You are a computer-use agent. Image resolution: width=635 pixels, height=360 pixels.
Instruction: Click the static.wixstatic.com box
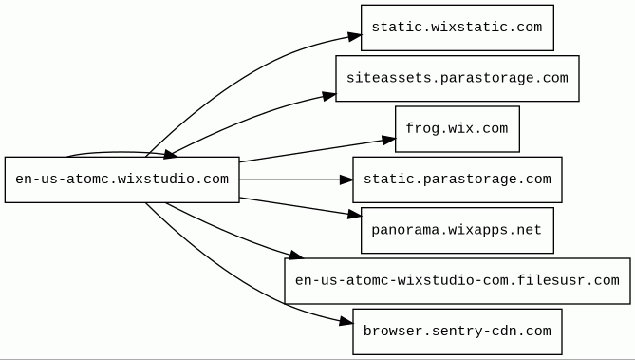click(x=458, y=28)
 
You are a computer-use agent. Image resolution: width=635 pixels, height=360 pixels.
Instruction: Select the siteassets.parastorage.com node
click(x=458, y=78)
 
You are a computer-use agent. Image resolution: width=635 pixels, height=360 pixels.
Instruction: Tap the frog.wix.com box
click(x=458, y=129)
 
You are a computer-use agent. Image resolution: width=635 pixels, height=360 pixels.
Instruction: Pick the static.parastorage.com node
click(x=458, y=180)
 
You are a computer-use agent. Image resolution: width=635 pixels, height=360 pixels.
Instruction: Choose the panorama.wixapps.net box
click(x=458, y=230)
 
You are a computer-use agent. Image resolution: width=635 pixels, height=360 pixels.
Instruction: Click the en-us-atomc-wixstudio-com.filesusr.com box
click(x=458, y=281)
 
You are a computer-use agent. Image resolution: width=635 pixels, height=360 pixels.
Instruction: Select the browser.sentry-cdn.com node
click(x=458, y=332)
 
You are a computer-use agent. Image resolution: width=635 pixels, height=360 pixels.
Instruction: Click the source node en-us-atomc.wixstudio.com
click(x=121, y=180)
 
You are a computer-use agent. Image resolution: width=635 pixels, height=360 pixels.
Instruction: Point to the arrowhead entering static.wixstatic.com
click(x=354, y=36)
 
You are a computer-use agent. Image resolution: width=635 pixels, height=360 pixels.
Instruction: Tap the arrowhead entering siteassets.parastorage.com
click(x=329, y=96)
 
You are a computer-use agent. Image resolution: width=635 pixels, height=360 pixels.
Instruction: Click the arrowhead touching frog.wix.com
click(x=388, y=140)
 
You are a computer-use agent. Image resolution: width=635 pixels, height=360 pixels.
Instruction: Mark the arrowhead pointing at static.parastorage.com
click(x=346, y=180)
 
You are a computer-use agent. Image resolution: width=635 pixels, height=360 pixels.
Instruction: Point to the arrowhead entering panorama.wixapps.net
click(x=354, y=215)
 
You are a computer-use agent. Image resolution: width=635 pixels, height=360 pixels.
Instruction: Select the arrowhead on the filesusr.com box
click(x=295, y=255)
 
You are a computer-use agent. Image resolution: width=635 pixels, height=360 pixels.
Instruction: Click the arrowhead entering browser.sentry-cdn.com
click(x=346, y=322)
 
